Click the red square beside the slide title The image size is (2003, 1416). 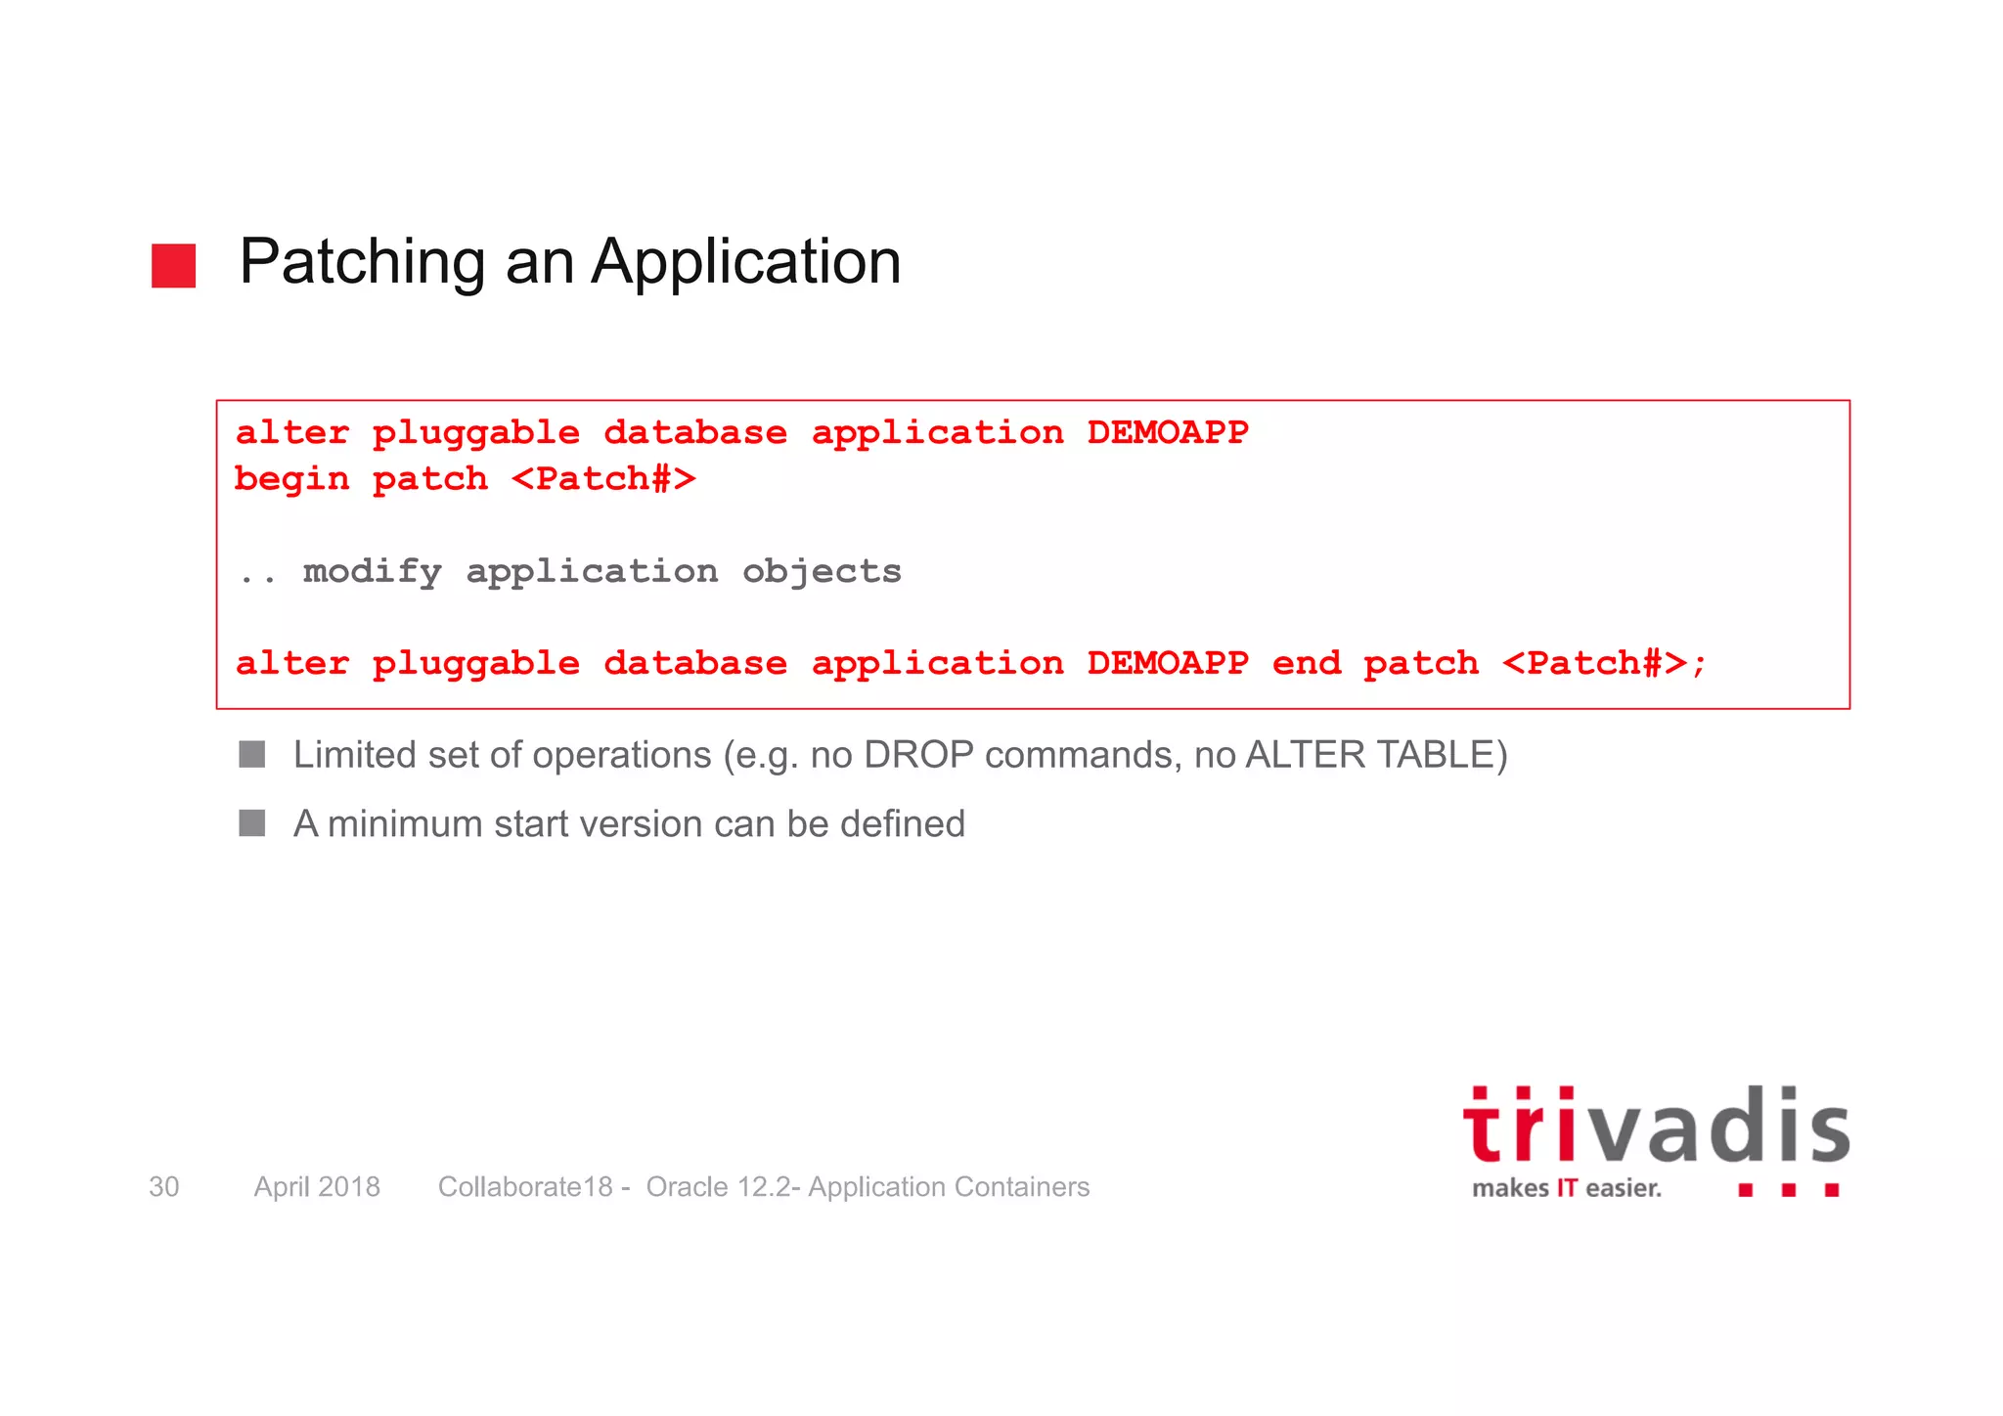(x=173, y=266)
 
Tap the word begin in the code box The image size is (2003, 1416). (x=291, y=479)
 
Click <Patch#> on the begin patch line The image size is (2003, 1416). (x=603, y=479)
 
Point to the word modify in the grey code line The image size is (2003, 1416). (x=372, y=571)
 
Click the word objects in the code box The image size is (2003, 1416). (x=822, y=571)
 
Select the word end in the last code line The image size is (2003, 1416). (x=1306, y=663)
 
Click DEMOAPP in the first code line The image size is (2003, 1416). (x=1168, y=432)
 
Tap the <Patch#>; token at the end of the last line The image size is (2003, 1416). (x=1604, y=663)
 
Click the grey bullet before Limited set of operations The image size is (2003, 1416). (x=252, y=754)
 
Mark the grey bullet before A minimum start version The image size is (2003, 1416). (x=252, y=822)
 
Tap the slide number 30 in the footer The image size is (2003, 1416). (x=163, y=1186)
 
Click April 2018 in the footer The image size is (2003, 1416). (x=317, y=1186)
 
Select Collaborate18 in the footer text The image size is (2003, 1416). (x=525, y=1186)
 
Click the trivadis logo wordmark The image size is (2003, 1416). (x=1656, y=1128)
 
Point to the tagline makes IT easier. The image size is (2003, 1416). (x=1566, y=1188)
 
